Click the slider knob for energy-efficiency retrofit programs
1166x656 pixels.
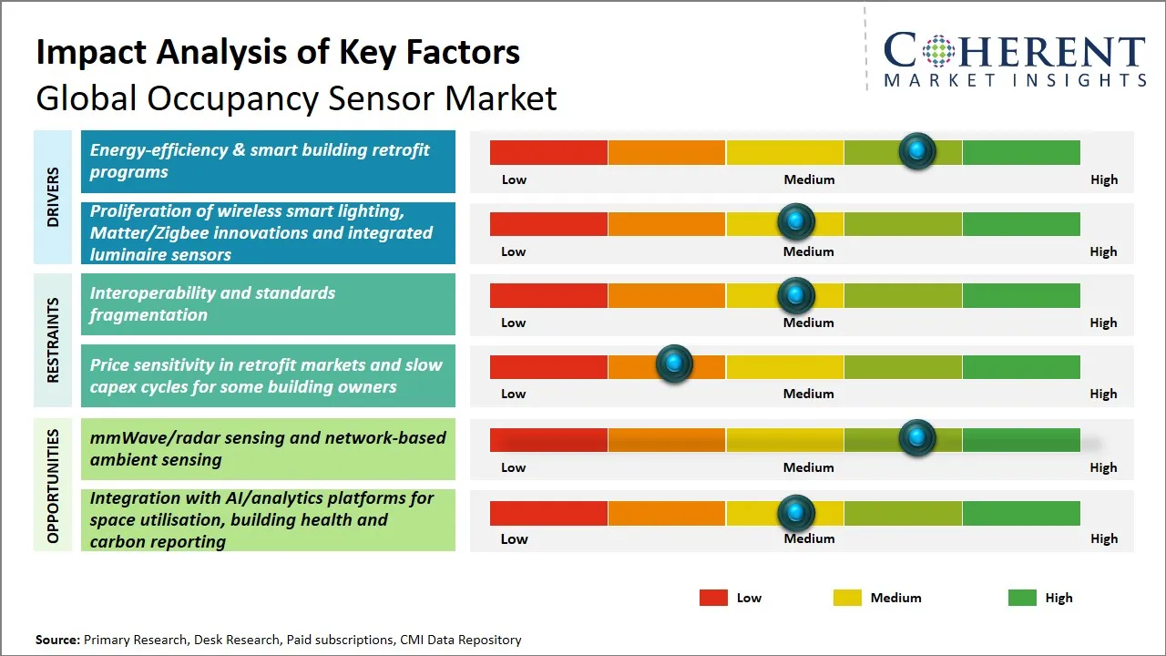point(917,151)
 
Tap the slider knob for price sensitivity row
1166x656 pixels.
point(674,364)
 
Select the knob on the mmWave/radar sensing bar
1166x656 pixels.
point(917,438)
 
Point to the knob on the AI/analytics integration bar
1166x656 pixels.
point(796,513)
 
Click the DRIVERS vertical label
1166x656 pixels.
point(54,197)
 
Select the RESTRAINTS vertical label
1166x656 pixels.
point(54,340)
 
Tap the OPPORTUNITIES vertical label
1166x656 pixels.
point(54,486)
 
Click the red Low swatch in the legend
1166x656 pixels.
point(713,598)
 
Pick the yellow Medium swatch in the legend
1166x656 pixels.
point(847,598)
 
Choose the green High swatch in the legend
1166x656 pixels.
point(1022,598)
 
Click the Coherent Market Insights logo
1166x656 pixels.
point(1014,59)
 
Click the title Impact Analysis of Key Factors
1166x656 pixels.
point(278,52)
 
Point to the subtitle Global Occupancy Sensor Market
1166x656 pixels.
point(296,97)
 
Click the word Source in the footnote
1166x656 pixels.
point(56,640)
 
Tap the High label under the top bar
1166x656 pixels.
point(1103,179)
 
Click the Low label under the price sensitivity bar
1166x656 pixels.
point(514,394)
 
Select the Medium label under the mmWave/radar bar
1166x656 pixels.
point(808,467)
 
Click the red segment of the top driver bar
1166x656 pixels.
point(548,152)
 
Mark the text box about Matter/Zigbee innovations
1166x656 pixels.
point(268,233)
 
